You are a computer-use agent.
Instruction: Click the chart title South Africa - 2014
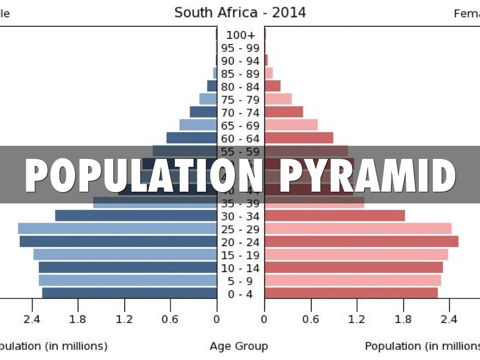[x=240, y=13]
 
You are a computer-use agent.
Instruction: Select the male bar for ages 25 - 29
[x=117, y=229]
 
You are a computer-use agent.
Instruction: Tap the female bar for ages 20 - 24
[x=361, y=241]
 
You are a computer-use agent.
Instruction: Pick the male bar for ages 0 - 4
[x=129, y=293]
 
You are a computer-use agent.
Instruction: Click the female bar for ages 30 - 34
[x=335, y=216]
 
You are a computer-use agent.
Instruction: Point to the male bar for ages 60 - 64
[x=192, y=138]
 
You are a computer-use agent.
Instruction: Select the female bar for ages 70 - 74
[x=284, y=112]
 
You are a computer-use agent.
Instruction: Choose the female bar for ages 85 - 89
[x=269, y=73]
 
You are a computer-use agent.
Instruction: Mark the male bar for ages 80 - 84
[x=212, y=86]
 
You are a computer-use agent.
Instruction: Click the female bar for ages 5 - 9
[x=352, y=280]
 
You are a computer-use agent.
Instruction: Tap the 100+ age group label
[x=240, y=35]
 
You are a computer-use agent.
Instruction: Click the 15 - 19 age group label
[x=240, y=255]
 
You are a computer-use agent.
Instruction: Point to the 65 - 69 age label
[x=240, y=126]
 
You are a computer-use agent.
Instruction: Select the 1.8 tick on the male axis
[x=78, y=320]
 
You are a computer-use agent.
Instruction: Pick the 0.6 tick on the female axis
[x=310, y=320]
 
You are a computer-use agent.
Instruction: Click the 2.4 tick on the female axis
[x=449, y=320]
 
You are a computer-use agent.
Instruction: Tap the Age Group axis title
[x=239, y=346]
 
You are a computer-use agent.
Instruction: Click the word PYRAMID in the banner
[x=367, y=176]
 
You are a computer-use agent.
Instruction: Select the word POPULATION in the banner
[x=143, y=176]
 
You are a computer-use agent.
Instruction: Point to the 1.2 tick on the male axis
[x=124, y=320]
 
